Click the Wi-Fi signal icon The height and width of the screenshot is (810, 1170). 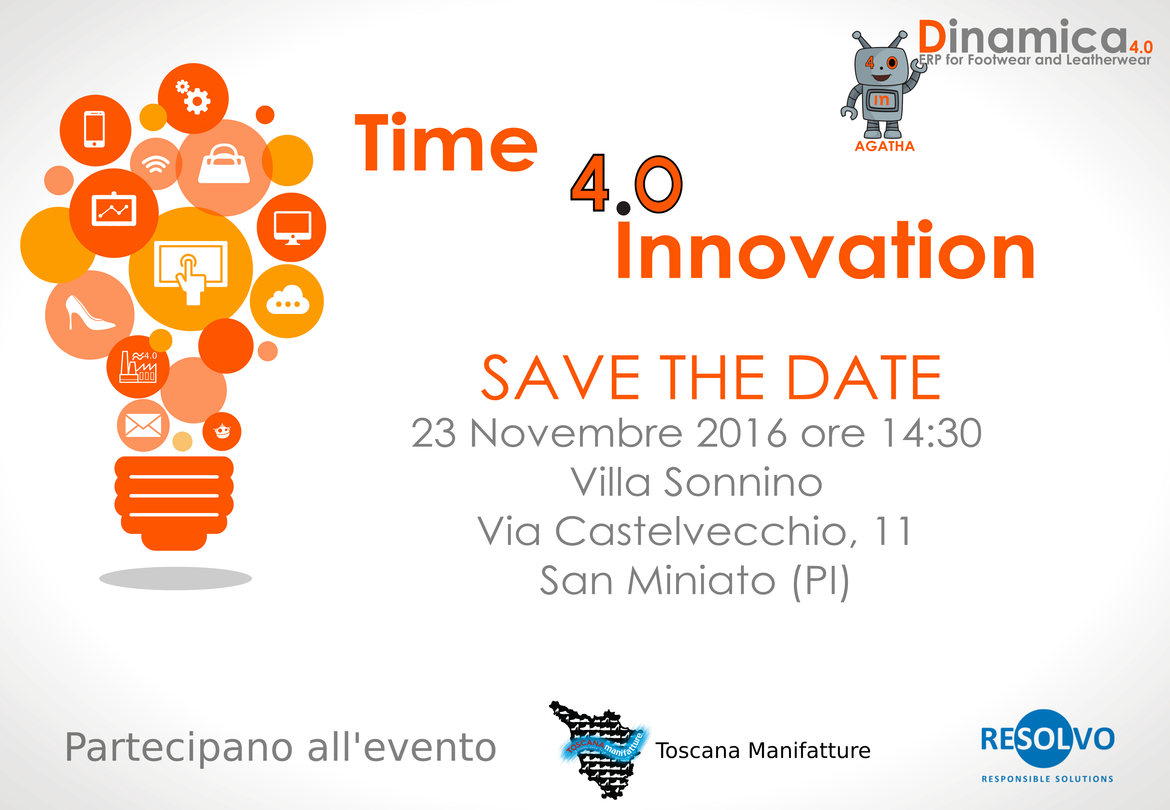(x=155, y=164)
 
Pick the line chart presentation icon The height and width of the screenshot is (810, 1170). (x=114, y=209)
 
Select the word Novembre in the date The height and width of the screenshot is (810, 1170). (x=577, y=433)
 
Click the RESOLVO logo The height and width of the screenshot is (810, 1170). (x=1047, y=745)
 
